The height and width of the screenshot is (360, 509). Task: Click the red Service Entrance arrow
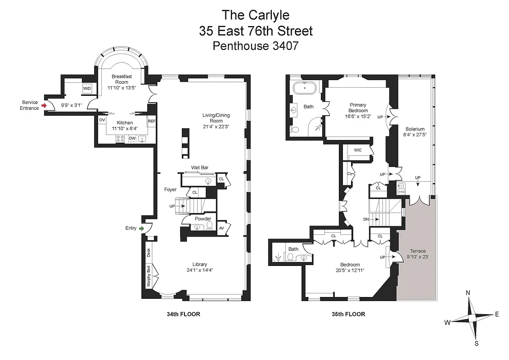tap(43, 105)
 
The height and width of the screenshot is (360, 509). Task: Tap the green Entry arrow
tap(142, 229)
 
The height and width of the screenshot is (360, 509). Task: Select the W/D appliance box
tap(87, 89)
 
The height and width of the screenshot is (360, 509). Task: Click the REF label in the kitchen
tap(152, 121)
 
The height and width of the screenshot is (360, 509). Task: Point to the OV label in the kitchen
tap(102, 120)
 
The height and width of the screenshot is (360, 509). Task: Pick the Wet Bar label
tap(199, 167)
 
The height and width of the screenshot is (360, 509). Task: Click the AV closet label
tap(221, 228)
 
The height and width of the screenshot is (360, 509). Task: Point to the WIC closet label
tap(358, 150)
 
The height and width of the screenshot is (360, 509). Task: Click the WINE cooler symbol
tap(401, 189)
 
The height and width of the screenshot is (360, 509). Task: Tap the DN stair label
tap(366, 219)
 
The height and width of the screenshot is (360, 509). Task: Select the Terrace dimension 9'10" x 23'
tap(417, 257)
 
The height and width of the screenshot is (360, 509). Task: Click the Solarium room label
tap(414, 129)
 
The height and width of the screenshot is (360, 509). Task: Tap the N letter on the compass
tap(468, 293)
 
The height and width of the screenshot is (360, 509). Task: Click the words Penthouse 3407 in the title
tap(255, 46)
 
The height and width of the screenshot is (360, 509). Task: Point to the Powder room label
tap(203, 219)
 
